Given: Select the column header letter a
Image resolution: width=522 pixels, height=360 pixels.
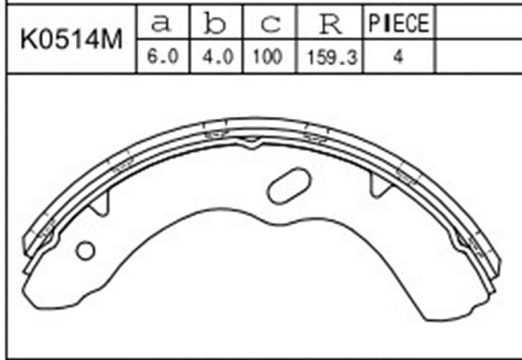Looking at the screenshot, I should coord(163,22).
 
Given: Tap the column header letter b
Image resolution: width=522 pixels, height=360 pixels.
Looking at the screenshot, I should coord(215,22).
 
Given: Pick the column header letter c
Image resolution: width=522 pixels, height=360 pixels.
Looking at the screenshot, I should coord(266,22).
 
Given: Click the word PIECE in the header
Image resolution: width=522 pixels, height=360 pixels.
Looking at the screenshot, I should coord(397,22).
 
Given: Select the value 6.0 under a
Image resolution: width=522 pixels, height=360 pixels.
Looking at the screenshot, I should coord(163,57).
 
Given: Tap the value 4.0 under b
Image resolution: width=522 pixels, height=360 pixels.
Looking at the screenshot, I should coord(215,57).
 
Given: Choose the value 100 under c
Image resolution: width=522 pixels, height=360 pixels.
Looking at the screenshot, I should coord(266,57).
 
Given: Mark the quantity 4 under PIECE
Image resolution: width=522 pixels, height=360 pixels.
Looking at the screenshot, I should coord(397,57).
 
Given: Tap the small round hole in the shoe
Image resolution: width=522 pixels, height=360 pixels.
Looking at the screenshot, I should coord(86,250).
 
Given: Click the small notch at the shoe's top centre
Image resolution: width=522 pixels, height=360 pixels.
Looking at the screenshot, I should coord(250,141).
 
